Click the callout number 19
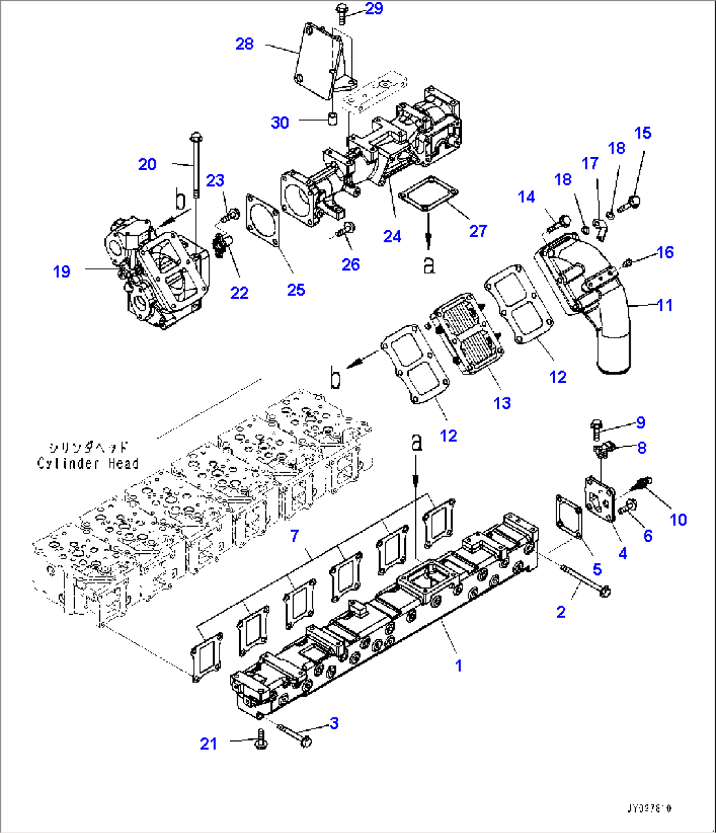pos(62,271)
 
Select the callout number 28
pos(244,44)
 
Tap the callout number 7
pos(294,536)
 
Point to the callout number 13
pos(502,403)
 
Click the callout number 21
pos(208,743)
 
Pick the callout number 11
pos(665,305)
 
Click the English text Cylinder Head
pos(87,464)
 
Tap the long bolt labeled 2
pos(585,580)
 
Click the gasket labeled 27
pos(426,194)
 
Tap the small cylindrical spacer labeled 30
pos(333,119)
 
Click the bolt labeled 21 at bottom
pos(261,743)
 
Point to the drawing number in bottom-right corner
pos(650,809)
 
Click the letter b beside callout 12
pos(335,380)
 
